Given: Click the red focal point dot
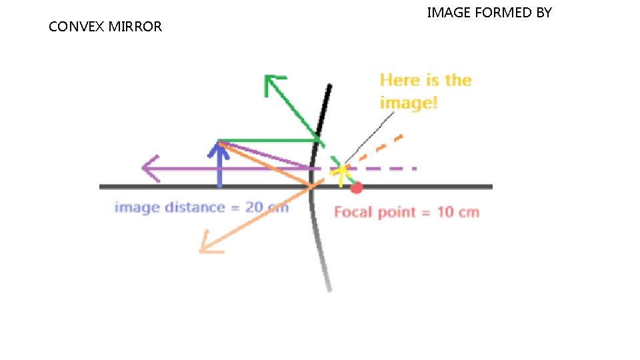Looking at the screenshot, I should pyautogui.click(x=357, y=187).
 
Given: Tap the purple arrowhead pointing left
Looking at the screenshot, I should pyautogui.click(x=149, y=168).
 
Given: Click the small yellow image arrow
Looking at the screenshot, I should pyautogui.click(x=342, y=173).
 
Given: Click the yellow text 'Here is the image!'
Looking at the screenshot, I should pyautogui.click(x=425, y=91).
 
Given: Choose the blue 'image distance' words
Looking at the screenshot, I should pyautogui.click(x=170, y=207).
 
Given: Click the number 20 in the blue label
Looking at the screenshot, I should pyautogui.click(x=254, y=207).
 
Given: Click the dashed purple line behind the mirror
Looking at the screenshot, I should pyautogui.click(x=387, y=168).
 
